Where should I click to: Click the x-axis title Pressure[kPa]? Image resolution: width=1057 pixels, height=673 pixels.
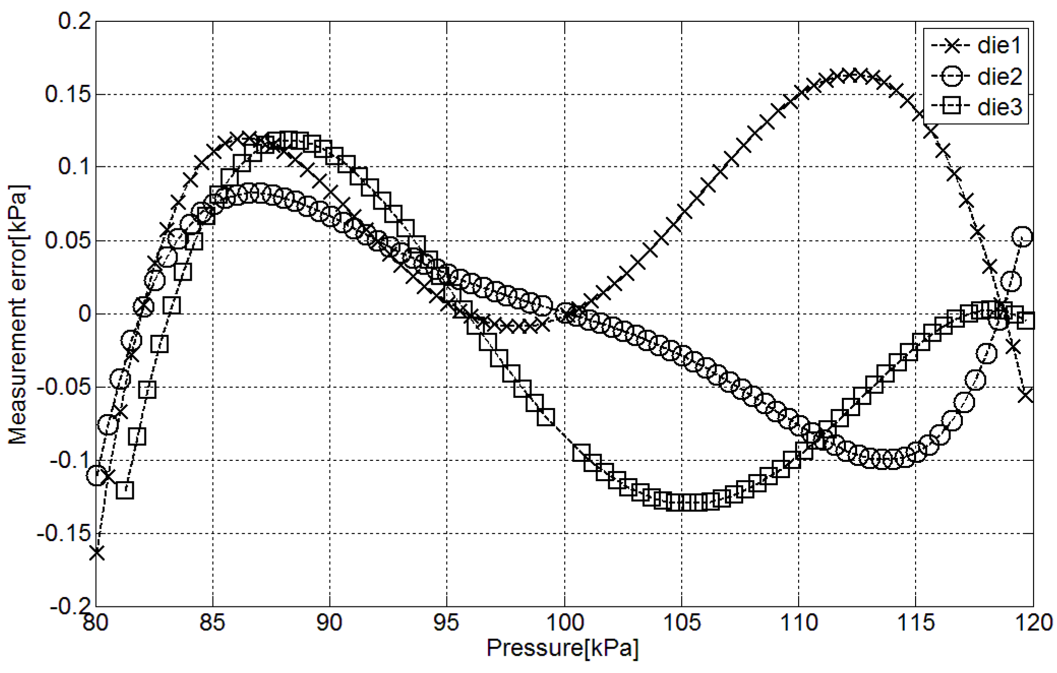point(562,648)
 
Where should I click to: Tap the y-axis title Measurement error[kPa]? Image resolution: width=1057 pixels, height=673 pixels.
point(18,314)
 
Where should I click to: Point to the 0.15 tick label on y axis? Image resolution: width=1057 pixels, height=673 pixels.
point(68,94)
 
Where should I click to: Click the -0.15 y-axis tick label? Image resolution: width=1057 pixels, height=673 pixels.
point(64,534)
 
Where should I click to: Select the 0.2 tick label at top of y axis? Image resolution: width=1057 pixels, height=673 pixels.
point(74,21)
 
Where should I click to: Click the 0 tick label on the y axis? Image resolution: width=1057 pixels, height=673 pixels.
point(84,313)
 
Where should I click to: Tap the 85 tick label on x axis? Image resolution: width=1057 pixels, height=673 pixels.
point(212,622)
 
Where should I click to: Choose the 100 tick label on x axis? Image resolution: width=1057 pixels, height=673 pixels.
point(564,622)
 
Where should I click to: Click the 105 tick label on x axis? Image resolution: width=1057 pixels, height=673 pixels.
point(682,622)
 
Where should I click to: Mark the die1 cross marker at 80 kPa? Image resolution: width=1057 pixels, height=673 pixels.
point(97,552)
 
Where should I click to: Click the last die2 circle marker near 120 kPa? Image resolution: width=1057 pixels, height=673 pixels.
point(1022,237)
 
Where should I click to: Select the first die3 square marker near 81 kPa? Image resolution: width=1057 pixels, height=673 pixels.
point(125,490)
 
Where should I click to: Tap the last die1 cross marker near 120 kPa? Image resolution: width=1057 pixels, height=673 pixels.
point(1026,395)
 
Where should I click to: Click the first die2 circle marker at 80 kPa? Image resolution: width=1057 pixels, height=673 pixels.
point(97,476)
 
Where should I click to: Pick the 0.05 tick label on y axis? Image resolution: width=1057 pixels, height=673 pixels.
point(68,240)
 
